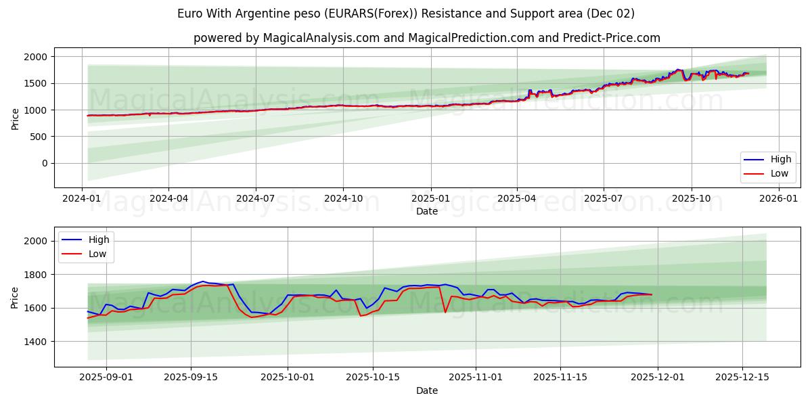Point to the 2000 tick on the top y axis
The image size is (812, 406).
tap(37, 57)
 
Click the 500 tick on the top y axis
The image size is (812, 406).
tap(40, 137)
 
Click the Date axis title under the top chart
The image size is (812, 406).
tap(426, 211)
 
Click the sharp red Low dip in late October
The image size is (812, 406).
tap(445, 312)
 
